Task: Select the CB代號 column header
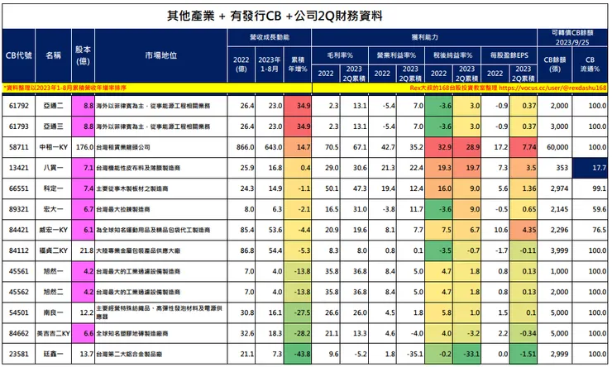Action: (18, 55)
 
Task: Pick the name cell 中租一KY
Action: (53, 145)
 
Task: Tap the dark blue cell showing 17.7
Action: (590, 166)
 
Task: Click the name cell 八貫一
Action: (53, 166)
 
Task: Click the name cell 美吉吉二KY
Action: (53, 331)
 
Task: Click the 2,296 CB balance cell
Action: (557, 229)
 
